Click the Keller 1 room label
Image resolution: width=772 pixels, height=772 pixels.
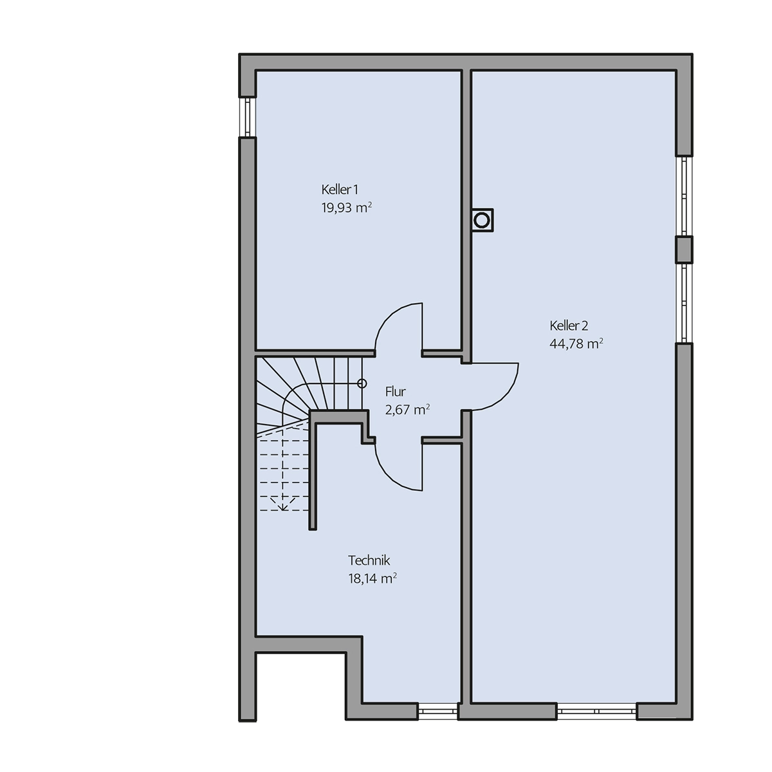pyautogui.click(x=339, y=189)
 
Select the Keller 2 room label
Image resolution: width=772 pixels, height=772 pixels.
pyautogui.click(x=569, y=326)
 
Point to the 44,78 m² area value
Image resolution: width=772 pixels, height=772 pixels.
pyautogui.click(x=576, y=344)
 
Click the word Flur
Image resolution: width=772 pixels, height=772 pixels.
pyautogui.click(x=396, y=391)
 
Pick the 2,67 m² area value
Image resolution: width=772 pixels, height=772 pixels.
pyautogui.click(x=407, y=409)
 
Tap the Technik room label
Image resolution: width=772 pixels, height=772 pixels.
pyautogui.click(x=369, y=560)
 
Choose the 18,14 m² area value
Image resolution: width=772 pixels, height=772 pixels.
pyautogui.click(x=372, y=578)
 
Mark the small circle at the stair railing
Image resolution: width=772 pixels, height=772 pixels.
pyautogui.click(x=362, y=383)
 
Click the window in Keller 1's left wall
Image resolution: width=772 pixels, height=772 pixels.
pyautogui.click(x=247, y=117)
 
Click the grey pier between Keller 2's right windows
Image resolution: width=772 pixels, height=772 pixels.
pyautogui.click(x=685, y=250)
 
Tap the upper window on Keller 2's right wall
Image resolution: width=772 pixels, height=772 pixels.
pyautogui.click(x=685, y=196)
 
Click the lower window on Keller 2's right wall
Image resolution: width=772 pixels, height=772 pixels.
pyautogui.click(x=685, y=303)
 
